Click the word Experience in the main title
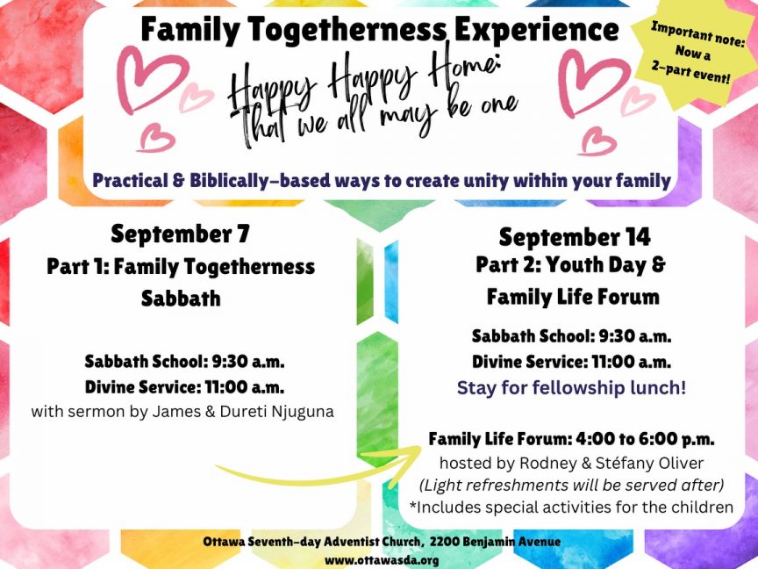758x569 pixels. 537,29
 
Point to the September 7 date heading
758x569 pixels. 181,234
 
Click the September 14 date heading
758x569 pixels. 575,237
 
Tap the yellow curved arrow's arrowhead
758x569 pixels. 404,464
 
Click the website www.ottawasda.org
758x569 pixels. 382,560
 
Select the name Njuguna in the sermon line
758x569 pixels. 303,412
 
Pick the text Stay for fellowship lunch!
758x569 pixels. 571,387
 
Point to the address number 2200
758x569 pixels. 444,542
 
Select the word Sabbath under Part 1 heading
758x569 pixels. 181,298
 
